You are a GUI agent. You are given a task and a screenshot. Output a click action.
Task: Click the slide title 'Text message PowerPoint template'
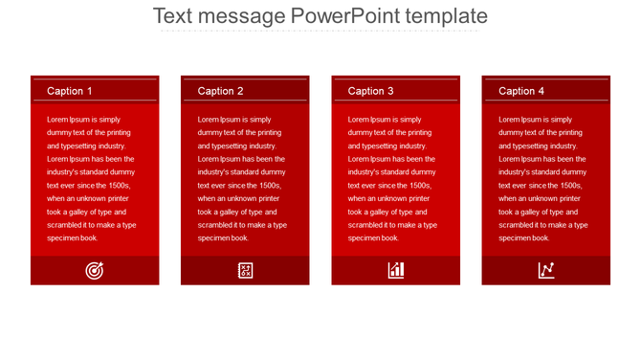pyautogui.click(x=320, y=16)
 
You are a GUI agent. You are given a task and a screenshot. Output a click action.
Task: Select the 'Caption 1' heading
pyautogui.click(x=70, y=91)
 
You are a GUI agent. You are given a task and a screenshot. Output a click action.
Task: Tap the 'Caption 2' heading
pyautogui.click(x=220, y=91)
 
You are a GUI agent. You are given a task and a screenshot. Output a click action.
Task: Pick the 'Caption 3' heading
pyautogui.click(x=370, y=91)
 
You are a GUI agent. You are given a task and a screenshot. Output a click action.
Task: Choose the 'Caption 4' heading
pyautogui.click(x=521, y=91)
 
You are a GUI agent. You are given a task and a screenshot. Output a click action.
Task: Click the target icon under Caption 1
pyautogui.click(x=95, y=270)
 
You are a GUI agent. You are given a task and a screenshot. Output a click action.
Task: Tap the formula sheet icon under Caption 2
pyautogui.click(x=245, y=270)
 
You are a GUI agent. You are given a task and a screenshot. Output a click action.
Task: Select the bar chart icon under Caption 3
pyautogui.click(x=396, y=270)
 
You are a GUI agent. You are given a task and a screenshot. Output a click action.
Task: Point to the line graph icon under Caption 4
pyautogui.click(x=546, y=270)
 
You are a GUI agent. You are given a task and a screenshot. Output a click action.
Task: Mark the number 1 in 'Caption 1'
pyautogui.click(x=90, y=91)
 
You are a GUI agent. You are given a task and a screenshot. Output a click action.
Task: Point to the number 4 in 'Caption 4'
pyautogui.click(x=542, y=91)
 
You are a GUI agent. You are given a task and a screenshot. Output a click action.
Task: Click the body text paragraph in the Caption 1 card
pyautogui.click(x=92, y=178)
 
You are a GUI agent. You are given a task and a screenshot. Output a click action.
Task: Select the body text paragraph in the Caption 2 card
pyautogui.click(x=242, y=178)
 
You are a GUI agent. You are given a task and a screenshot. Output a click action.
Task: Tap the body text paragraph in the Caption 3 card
pyautogui.click(x=392, y=178)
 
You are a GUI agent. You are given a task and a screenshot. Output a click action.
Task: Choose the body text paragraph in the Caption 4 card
pyautogui.click(x=542, y=178)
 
